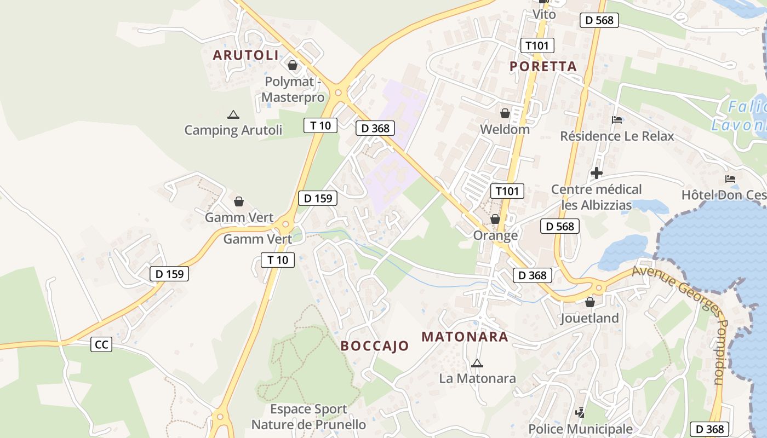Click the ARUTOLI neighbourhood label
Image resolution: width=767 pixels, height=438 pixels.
[x=245, y=55]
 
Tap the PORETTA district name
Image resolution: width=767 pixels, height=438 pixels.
[x=543, y=66]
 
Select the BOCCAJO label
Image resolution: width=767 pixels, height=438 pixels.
[x=375, y=345]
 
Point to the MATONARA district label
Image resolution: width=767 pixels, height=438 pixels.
[x=465, y=337]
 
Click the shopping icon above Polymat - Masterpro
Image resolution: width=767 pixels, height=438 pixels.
[x=293, y=66]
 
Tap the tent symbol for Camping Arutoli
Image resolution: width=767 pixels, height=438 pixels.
[x=233, y=115]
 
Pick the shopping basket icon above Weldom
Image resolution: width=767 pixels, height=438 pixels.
[x=505, y=114]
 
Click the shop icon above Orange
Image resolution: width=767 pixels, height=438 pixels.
[x=495, y=220]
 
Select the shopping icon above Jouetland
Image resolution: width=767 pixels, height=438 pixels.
[x=590, y=302]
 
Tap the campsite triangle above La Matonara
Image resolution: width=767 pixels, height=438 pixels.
[x=477, y=363]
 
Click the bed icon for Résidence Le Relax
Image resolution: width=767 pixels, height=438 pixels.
[x=617, y=120]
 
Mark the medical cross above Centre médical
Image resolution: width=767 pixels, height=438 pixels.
[x=597, y=174]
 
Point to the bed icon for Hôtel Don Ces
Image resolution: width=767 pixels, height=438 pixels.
[x=730, y=179]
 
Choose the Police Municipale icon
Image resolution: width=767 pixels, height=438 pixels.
[x=580, y=413]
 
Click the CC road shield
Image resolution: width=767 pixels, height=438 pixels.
[x=101, y=344]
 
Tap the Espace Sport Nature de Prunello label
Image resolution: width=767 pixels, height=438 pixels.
[x=308, y=417]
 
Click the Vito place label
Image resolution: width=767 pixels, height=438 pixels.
[x=544, y=14]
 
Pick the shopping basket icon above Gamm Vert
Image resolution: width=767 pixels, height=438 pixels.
[x=239, y=202]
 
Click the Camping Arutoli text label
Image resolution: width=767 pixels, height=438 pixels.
[x=233, y=130]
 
